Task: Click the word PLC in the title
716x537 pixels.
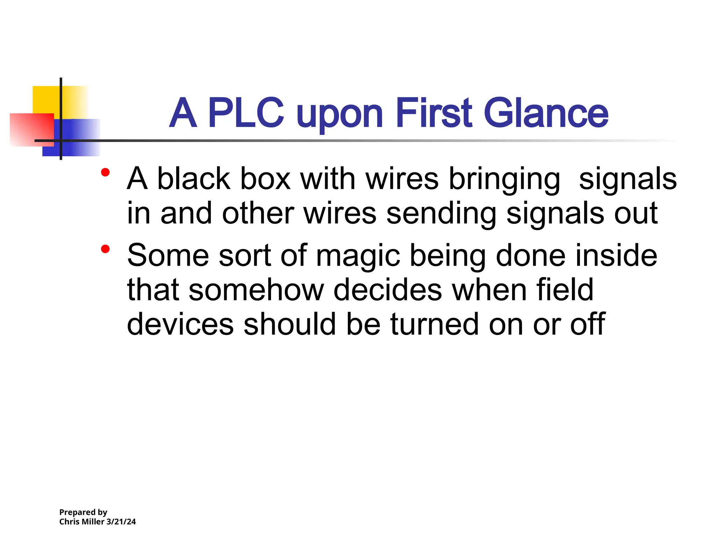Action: pyautogui.click(x=246, y=113)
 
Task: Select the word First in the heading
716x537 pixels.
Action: pyautogui.click(x=434, y=113)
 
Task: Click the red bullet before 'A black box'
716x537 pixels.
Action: pyautogui.click(x=105, y=172)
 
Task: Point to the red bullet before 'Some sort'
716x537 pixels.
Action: pyautogui.click(x=105, y=249)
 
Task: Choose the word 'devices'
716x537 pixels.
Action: pyautogui.click(x=180, y=324)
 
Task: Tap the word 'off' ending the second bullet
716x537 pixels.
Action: pyautogui.click(x=588, y=324)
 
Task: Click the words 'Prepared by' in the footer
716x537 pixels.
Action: pyautogui.click(x=83, y=512)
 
